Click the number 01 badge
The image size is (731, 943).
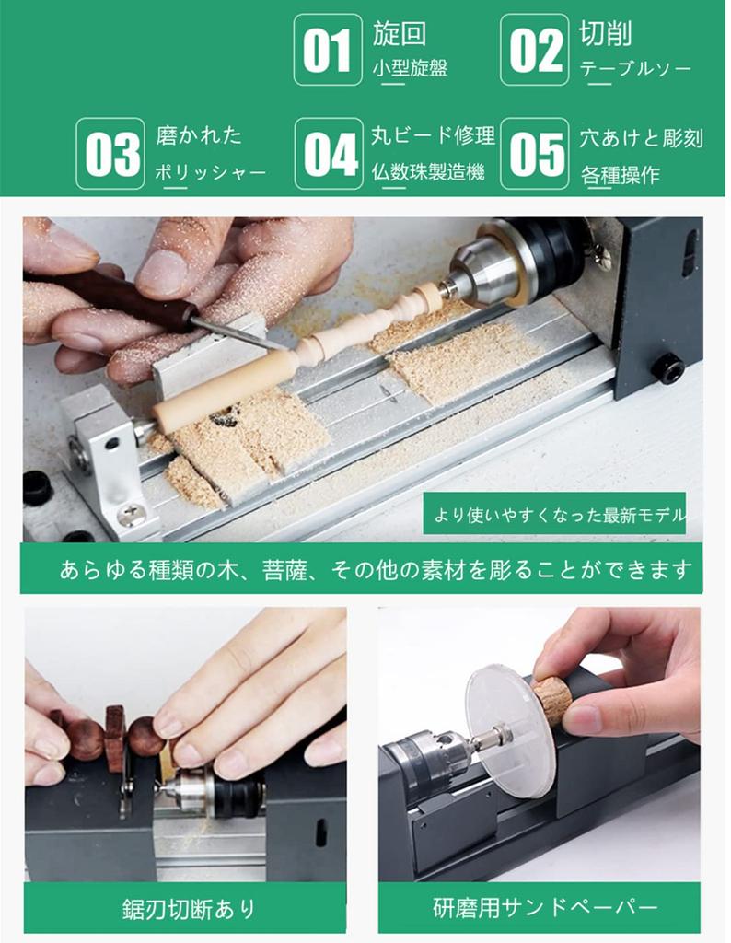coord(328,50)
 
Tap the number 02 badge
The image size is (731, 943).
coord(534,50)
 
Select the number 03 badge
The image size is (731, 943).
coord(110,154)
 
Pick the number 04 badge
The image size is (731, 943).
coord(329,154)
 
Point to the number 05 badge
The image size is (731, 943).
coord(534,154)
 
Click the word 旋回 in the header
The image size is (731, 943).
coord(400,33)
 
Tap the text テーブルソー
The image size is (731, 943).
coord(635,69)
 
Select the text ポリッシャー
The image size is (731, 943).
coord(211,173)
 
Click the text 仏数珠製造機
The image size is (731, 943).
coord(428,172)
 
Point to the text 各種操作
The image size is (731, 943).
coord(620,175)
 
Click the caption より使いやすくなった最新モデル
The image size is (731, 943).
coord(559,515)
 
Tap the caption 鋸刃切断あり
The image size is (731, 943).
coord(189,909)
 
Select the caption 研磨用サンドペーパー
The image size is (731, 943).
coord(545,907)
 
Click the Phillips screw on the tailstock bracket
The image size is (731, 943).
coord(132,513)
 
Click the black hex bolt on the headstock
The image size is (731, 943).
coord(668,368)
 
